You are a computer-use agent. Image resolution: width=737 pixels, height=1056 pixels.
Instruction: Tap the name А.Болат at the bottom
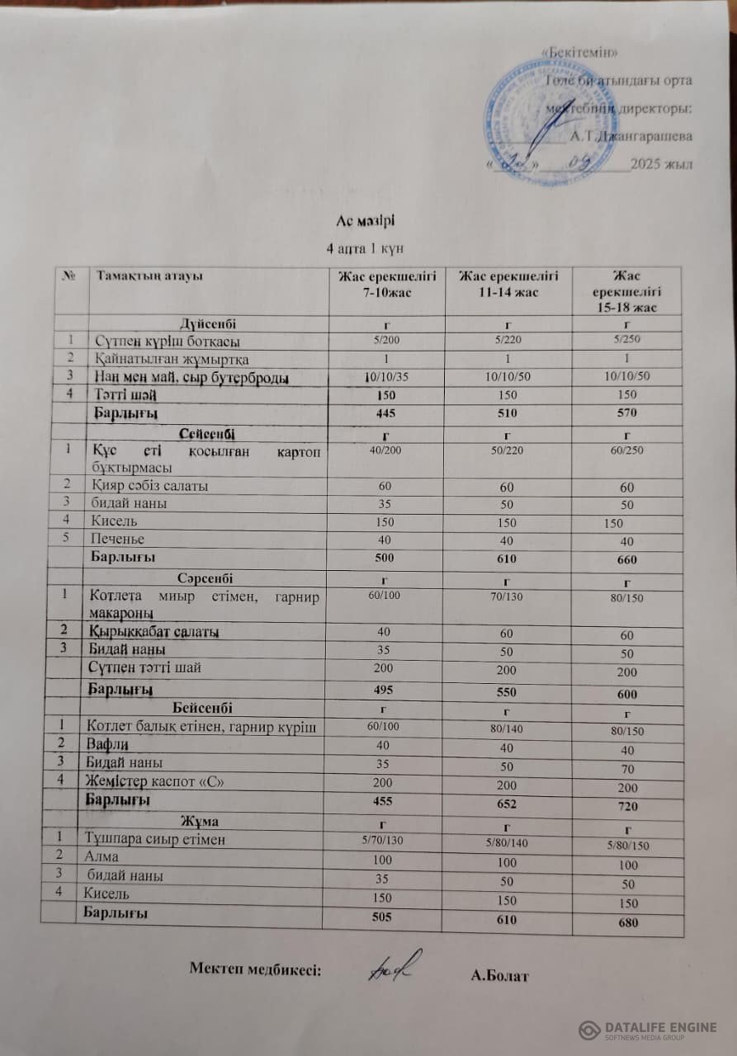click(x=499, y=977)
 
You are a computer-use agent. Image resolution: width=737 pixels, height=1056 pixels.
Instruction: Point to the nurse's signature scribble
click(x=394, y=964)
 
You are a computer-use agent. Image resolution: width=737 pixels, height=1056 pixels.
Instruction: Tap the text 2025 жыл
click(x=661, y=163)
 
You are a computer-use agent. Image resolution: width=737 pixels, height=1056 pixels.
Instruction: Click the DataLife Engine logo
click(x=648, y=1030)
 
